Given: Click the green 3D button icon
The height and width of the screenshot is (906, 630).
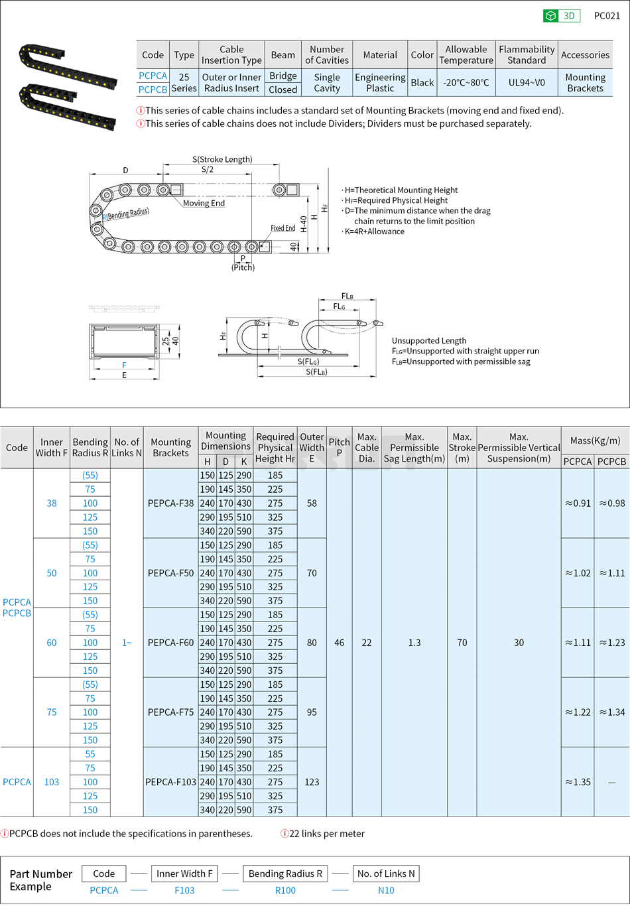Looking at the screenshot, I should [x=550, y=16].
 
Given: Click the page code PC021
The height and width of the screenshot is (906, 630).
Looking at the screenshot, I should [x=607, y=16].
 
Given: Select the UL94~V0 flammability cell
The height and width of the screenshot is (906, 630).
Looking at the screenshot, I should [x=527, y=83].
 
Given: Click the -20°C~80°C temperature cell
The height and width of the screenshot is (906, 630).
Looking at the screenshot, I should [x=466, y=83].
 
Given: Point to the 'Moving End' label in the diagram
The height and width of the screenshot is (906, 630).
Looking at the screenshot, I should [x=204, y=204].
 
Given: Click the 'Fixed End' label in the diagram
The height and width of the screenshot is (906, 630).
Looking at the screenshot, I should [x=283, y=228].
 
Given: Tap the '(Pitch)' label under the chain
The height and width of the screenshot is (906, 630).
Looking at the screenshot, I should [x=243, y=267].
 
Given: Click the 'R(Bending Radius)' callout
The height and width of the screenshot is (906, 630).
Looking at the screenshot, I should [x=126, y=214].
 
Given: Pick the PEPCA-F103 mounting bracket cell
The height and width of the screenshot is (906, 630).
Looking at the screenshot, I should [x=170, y=782].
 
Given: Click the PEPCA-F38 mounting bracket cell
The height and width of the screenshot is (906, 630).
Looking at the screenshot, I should [x=170, y=503].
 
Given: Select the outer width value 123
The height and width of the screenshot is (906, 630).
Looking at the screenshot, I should [x=312, y=782].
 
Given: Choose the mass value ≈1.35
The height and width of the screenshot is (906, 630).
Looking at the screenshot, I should [x=578, y=782].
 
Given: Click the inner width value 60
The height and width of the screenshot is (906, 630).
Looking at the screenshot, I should [x=52, y=643].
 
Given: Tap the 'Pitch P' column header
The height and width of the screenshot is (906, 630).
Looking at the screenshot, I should [x=339, y=447].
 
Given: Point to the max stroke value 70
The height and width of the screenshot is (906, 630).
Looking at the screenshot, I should [x=462, y=643].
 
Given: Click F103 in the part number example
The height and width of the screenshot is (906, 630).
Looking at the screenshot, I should [x=184, y=891].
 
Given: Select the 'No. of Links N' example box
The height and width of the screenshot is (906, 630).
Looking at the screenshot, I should [x=386, y=874].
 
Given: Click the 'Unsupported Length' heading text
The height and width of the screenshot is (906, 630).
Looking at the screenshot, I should [x=428, y=340].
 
